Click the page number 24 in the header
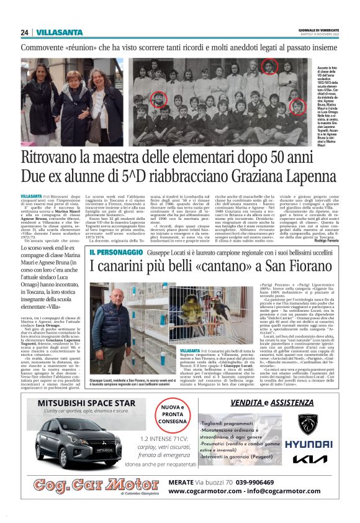(24, 32)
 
